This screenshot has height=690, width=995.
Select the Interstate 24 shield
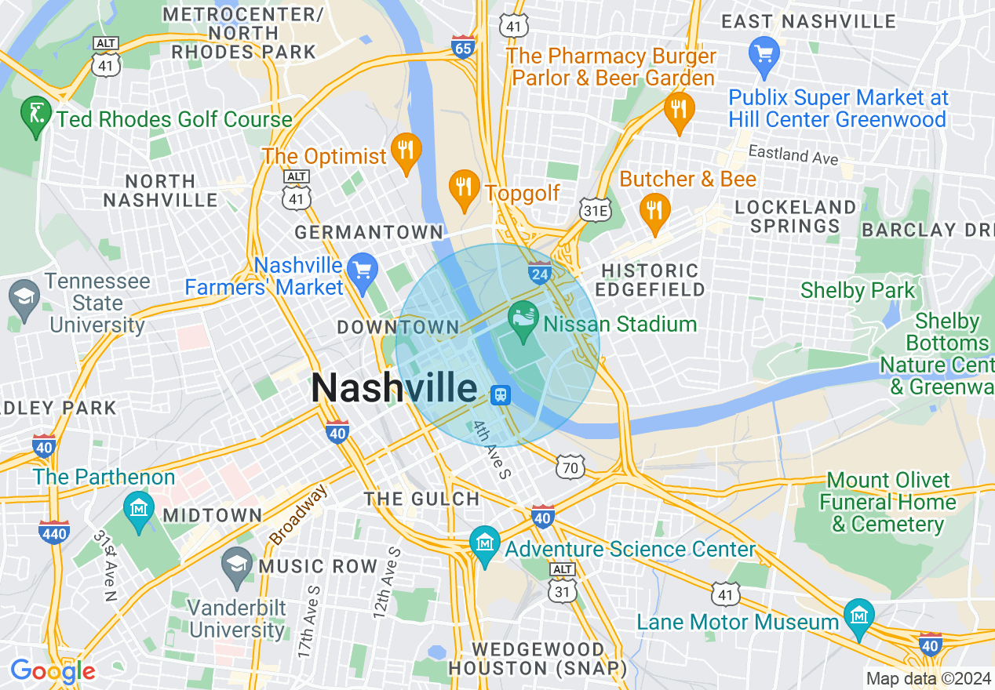(540, 272)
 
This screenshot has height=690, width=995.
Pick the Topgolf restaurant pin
(464, 190)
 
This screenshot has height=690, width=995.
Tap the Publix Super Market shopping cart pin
(764, 55)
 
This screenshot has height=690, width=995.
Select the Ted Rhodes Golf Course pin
(35, 116)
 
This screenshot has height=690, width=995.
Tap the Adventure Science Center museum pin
(485, 543)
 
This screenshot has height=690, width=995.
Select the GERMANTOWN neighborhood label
(369, 232)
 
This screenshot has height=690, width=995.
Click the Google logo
(53, 671)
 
